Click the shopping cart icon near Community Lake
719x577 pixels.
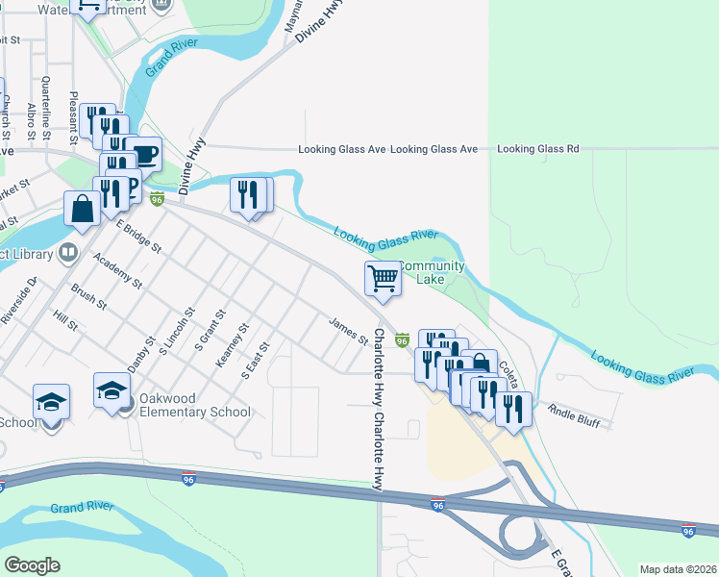383,279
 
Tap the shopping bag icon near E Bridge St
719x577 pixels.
82,208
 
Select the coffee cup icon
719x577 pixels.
144,155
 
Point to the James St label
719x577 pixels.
349,332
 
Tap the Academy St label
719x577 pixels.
117,272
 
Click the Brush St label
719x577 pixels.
88,296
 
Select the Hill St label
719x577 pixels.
64,321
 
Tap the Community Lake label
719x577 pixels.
431,272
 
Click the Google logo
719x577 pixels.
32,564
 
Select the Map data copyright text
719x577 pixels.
678,569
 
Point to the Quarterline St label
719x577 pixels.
45,103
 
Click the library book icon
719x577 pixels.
67,254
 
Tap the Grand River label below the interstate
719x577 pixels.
82,507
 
